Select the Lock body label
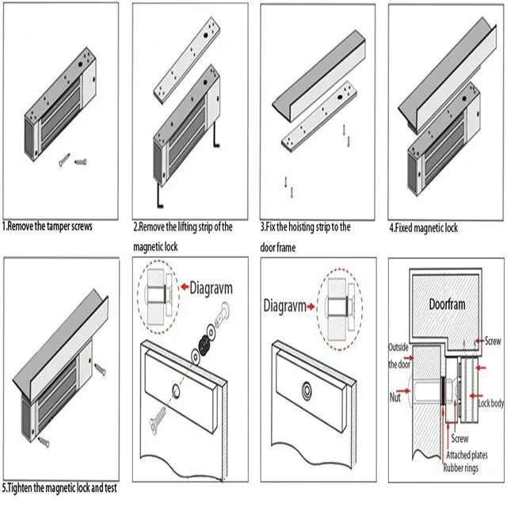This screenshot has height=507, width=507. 490,402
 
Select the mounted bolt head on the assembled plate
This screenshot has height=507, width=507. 307,391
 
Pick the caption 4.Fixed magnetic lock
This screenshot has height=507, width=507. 423,228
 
